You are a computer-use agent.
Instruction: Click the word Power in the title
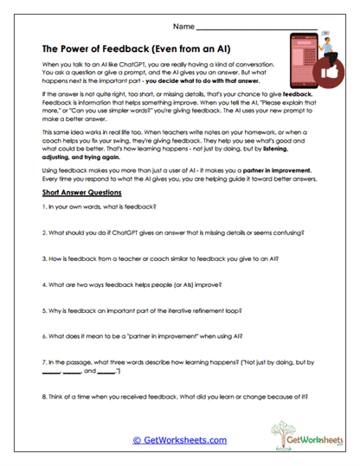[79, 49]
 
